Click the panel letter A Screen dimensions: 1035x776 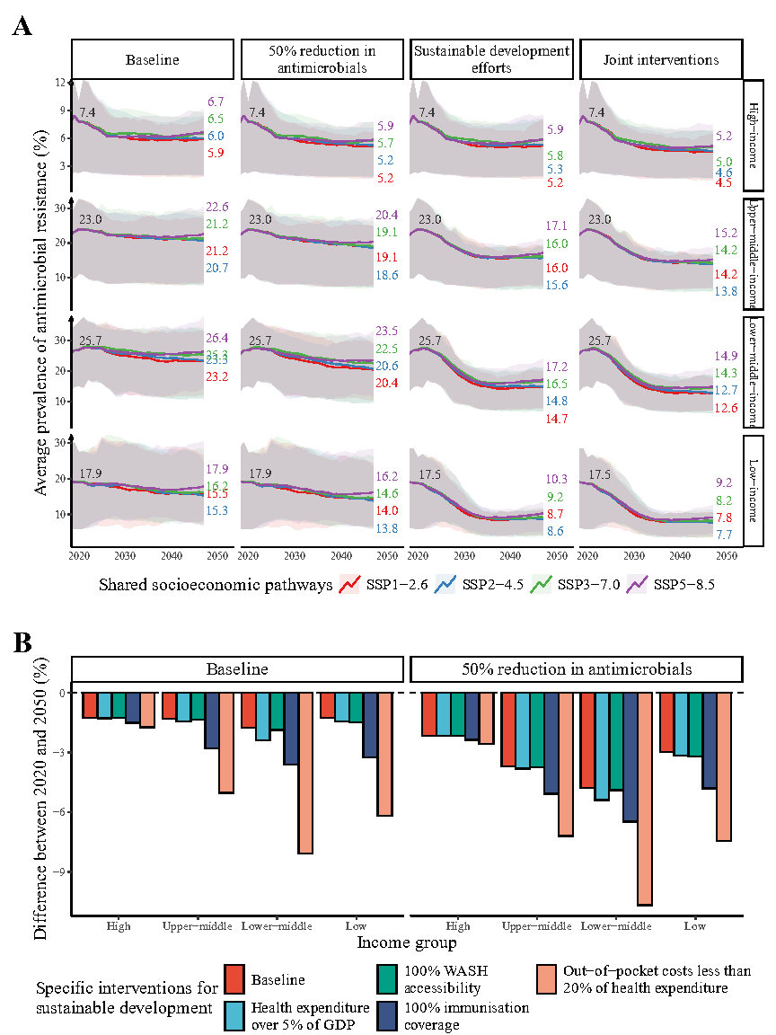coord(22,26)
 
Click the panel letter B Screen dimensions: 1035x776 coord(22,643)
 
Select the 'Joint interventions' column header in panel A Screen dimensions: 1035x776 coord(661,61)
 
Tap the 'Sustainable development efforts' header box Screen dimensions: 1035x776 coord(491,61)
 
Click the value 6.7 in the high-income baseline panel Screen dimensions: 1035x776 coord(216,102)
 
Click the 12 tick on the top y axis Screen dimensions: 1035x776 coord(60,83)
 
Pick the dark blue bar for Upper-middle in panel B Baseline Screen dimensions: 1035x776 coord(211,721)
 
